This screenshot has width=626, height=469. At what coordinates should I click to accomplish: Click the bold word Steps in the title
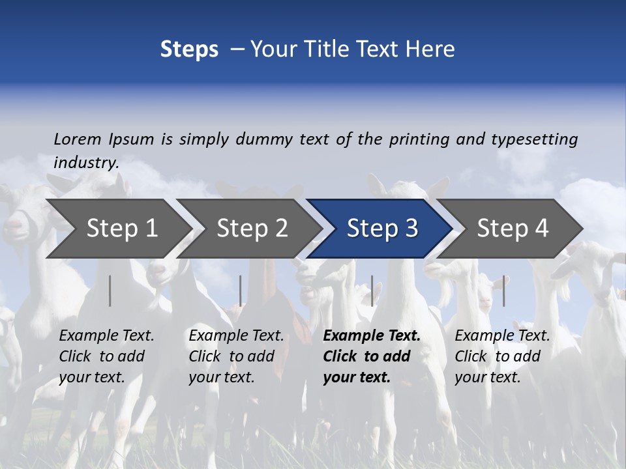pyautogui.click(x=189, y=50)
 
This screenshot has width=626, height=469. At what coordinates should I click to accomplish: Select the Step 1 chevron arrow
pyautogui.click(x=121, y=229)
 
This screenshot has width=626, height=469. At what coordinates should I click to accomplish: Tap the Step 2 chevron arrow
pyautogui.click(x=252, y=229)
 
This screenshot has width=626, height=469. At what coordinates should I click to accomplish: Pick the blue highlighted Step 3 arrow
pyautogui.click(x=382, y=229)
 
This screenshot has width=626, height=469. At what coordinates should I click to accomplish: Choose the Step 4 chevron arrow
pyautogui.click(x=513, y=229)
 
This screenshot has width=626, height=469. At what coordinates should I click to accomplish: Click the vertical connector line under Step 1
pyautogui.click(x=110, y=291)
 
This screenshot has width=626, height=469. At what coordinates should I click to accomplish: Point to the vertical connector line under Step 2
pyautogui.click(x=241, y=291)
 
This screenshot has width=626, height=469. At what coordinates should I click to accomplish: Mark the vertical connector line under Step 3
pyautogui.click(x=372, y=291)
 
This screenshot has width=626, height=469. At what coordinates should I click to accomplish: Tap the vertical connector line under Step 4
pyautogui.click(x=504, y=291)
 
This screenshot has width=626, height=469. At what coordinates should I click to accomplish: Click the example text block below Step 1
pyautogui.click(x=106, y=356)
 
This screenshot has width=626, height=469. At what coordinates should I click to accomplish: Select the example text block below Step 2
pyautogui.click(x=236, y=356)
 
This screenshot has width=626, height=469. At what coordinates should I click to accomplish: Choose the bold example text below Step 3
pyautogui.click(x=371, y=356)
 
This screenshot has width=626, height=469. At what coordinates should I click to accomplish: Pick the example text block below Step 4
pyautogui.click(x=502, y=356)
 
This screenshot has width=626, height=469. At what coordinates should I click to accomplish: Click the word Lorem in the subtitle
pyautogui.click(x=78, y=139)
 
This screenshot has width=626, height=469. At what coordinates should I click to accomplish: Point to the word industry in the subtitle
pyautogui.click(x=85, y=163)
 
